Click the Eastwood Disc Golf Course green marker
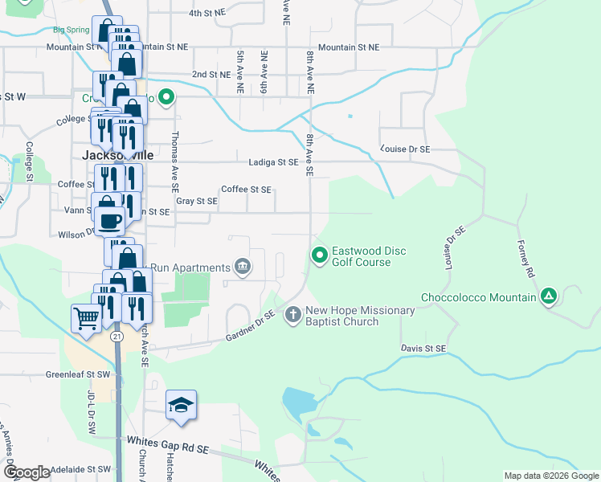[x=319, y=255]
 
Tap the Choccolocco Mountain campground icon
[x=549, y=296]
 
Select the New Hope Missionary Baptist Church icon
[x=292, y=314]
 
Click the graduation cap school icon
[x=182, y=405]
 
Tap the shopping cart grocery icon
[x=86, y=317]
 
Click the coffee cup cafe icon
[x=109, y=219]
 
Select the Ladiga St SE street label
[x=272, y=161]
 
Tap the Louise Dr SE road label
[x=406, y=149]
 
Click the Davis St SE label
[x=423, y=348]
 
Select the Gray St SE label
[x=197, y=201]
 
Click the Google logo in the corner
[x=27, y=472]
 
